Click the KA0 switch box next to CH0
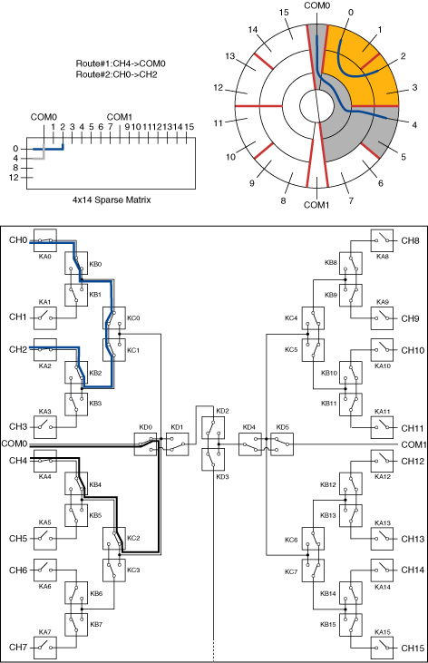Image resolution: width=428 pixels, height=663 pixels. coord(45,240)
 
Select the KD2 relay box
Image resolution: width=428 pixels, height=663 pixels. coord(213,427)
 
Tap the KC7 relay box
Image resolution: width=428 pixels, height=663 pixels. coord(313,570)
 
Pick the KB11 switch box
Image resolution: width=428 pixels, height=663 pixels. coord(351,405)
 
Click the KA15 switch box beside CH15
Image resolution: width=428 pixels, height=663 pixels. coord(382,648)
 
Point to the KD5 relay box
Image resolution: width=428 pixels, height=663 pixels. coord(282,444)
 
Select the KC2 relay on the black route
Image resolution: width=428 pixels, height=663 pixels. coord(114,538)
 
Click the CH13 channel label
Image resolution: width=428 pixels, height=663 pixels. coord(413,539)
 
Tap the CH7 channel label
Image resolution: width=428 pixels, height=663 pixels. coord(18,647)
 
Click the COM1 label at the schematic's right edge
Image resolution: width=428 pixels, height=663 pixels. coord(413,444)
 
